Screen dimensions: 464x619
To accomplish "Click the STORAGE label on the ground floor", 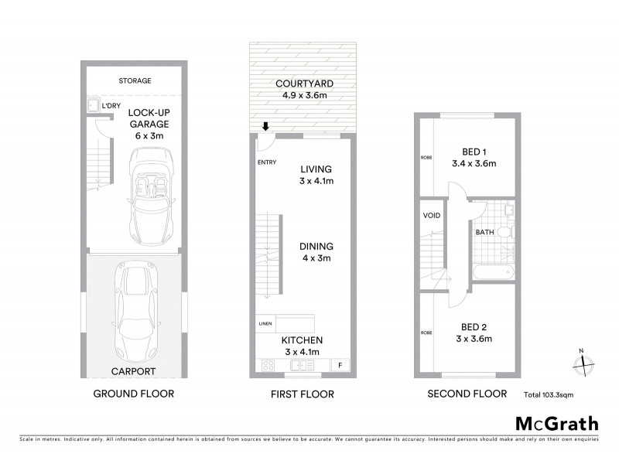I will pyautogui.click(x=135, y=80).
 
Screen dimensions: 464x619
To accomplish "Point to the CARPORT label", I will pyautogui.click(x=134, y=371).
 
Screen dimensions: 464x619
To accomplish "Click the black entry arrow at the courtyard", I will pyautogui.click(x=265, y=127).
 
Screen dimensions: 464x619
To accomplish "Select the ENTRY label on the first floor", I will pyautogui.click(x=265, y=162).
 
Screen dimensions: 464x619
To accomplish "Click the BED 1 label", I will pyautogui.click(x=474, y=152).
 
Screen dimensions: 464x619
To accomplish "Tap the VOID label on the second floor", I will pyautogui.click(x=432, y=215).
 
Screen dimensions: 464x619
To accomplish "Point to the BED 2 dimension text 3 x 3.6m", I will pyautogui.click(x=474, y=338).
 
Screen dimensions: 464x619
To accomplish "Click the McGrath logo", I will pyautogui.click(x=556, y=423).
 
